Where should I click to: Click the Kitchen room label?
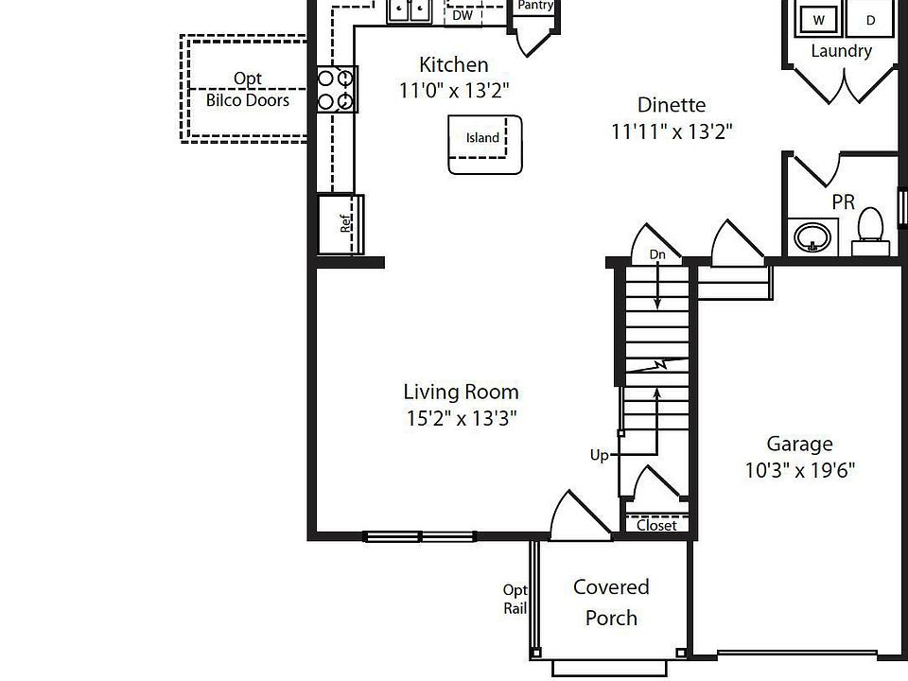[454, 65]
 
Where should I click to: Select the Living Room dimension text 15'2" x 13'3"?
[461, 418]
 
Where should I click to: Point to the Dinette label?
[672, 105]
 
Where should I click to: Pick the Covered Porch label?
[611, 602]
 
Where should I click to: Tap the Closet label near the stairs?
[655, 525]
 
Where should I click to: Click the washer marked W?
[818, 19]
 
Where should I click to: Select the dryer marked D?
[871, 19]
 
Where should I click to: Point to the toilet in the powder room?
[869, 229]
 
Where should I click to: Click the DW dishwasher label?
[463, 15]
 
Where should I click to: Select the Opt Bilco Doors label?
[248, 90]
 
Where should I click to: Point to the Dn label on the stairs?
[657, 255]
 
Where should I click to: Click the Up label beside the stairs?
[600, 456]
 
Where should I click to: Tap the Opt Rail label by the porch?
[515, 600]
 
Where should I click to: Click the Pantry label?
[535, 6]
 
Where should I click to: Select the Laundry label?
[841, 51]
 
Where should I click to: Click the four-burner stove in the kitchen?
[337, 89]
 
